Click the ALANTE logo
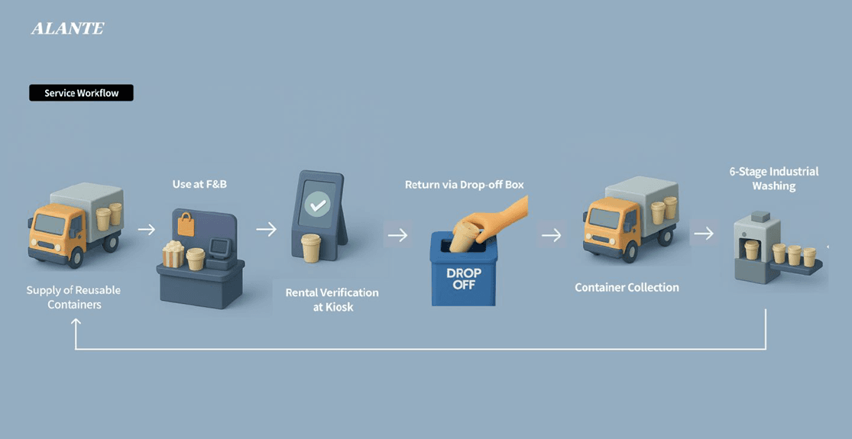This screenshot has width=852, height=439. (67, 28)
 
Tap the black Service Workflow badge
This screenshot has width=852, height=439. (81, 93)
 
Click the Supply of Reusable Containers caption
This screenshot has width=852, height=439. (74, 297)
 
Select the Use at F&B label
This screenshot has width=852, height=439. (199, 185)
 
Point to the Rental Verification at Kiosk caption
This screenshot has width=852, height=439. (332, 299)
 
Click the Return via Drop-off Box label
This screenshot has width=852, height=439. (464, 185)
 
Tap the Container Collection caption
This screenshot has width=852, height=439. (627, 287)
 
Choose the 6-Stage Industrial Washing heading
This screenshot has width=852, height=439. (774, 179)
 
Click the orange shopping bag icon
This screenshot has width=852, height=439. (186, 224)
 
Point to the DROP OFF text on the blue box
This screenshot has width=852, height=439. (464, 279)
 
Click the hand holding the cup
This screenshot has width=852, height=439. (497, 217)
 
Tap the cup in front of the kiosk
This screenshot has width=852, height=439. (311, 248)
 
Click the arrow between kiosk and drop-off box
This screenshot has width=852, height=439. (397, 235)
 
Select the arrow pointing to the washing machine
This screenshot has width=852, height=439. (704, 234)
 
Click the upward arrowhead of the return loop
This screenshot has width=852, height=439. (76, 322)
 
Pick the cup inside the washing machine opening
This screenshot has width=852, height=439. (751, 250)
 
